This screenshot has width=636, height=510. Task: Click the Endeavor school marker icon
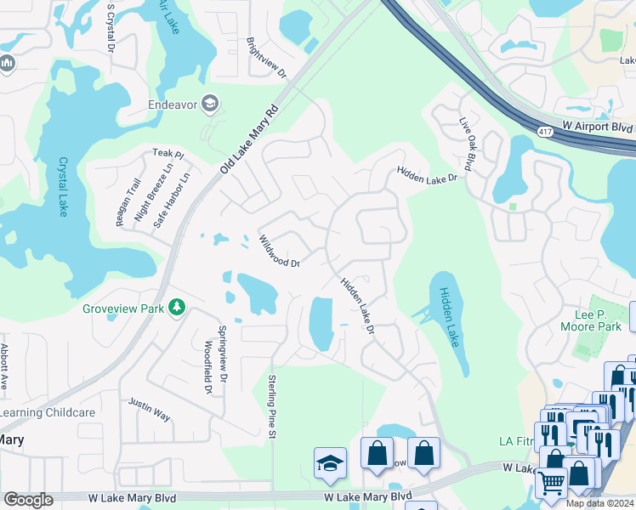pyautogui.click(x=210, y=105)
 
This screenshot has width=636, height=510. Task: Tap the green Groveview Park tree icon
pyautogui.click(x=177, y=307)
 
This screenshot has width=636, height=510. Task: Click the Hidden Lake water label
pyautogui.click(x=448, y=316)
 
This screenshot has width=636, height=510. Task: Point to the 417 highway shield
pyautogui.click(x=546, y=130)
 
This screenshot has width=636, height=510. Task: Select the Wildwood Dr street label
pyautogui.click(x=280, y=252)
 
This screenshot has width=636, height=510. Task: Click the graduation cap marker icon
pyautogui.click(x=330, y=462)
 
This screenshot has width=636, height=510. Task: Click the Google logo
pyautogui.click(x=28, y=500)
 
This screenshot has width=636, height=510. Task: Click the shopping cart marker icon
pyautogui.click(x=551, y=483)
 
